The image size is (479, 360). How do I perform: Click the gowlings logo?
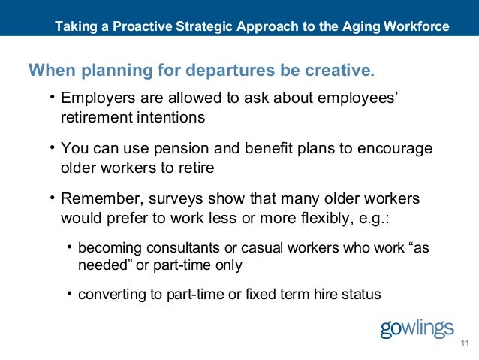click(417, 329)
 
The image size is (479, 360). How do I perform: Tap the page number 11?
click(463, 344)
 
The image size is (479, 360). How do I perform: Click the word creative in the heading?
click(342, 71)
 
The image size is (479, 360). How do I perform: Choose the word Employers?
click(96, 99)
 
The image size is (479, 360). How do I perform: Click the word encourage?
click(397, 149)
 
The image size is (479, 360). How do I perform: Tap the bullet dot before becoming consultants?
click(70, 246)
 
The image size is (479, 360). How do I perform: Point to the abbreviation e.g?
click(386, 219)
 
